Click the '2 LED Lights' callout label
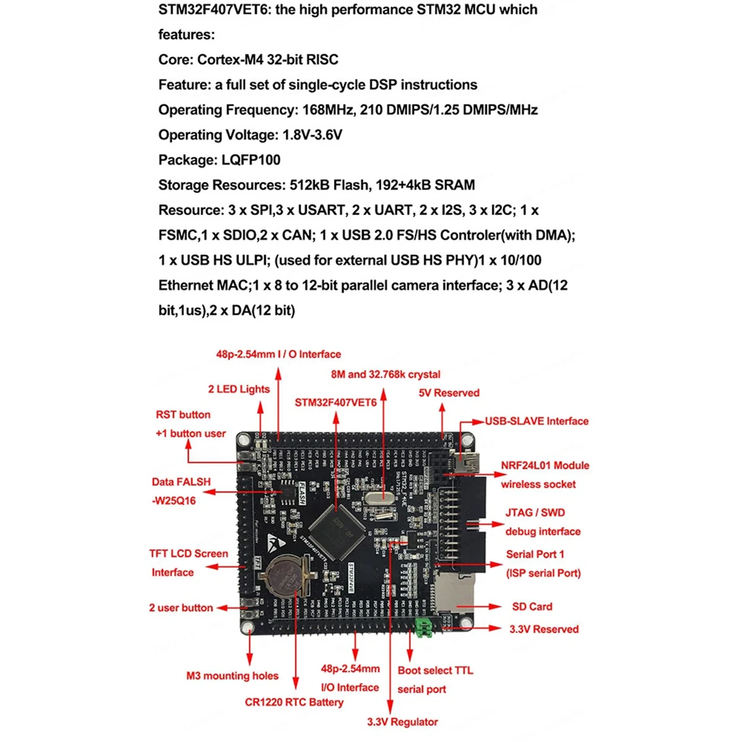click(x=239, y=389)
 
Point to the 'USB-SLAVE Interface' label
click(x=536, y=421)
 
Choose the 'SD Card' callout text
click(x=532, y=607)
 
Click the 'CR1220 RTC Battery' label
click(x=294, y=702)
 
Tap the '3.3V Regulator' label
click(x=402, y=722)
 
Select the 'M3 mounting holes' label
click(x=232, y=676)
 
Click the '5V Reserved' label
click(x=449, y=393)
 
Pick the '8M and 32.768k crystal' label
click(x=386, y=374)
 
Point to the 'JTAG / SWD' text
click(x=535, y=513)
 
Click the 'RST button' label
click(x=183, y=414)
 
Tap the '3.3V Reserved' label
click(x=544, y=629)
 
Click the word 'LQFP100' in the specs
click(x=251, y=160)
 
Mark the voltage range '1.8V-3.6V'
click(x=312, y=135)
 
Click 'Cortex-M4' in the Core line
click(x=230, y=59)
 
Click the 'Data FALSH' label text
click(x=181, y=482)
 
